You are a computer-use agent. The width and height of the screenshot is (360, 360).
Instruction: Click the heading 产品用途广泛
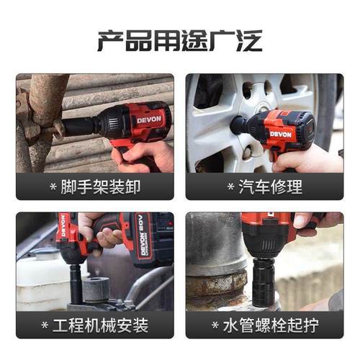click(x=179, y=39)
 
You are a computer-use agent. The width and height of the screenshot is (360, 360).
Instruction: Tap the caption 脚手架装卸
click(x=102, y=188)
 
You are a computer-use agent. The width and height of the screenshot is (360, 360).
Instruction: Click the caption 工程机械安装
click(x=102, y=325)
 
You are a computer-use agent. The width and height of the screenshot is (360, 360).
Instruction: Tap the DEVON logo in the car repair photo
click(x=281, y=133)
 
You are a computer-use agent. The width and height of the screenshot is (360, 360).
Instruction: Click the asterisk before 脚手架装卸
click(x=53, y=189)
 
